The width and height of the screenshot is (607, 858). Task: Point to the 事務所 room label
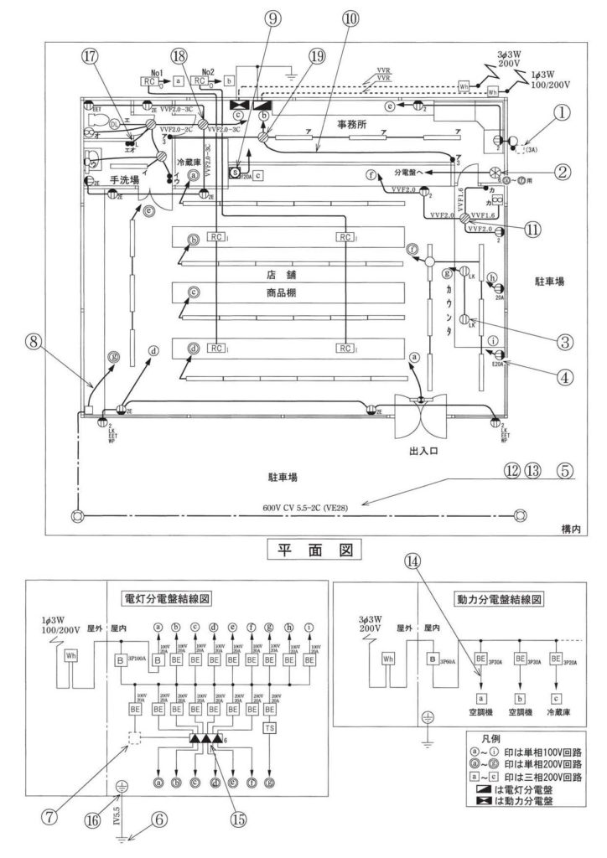[x=354, y=123]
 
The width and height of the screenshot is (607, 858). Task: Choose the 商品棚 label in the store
[x=276, y=295]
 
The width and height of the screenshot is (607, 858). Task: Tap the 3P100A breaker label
[x=139, y=660]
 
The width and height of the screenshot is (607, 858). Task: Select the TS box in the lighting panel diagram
[x=269, y=727]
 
